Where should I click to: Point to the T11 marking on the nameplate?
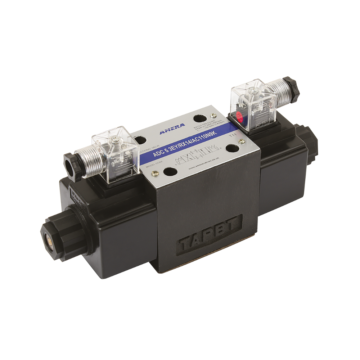(233, 135)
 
